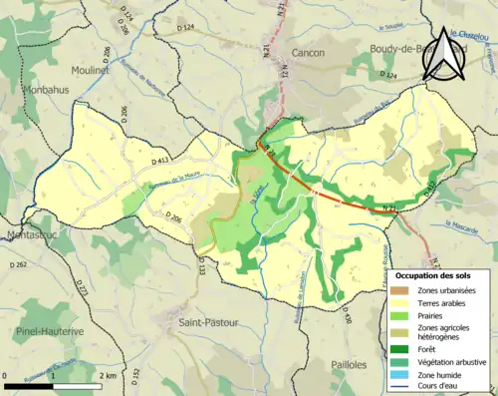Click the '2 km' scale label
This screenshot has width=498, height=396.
[x=109, y=375]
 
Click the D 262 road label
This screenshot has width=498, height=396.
[x=18, y=264]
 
